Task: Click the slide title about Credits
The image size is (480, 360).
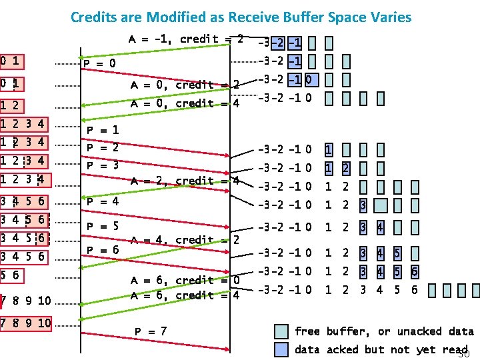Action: pyautogui.click(x=241, y=17)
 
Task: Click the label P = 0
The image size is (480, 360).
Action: pyautogui.click(x=99, y=64)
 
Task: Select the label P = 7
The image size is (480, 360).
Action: pyautogui.click(x=151, y=331)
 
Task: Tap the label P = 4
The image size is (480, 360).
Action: pyautogui.click(x=103, y=201)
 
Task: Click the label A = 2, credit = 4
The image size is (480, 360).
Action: pyautogui.click(x=185, y=181)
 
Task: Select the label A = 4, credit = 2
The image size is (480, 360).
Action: pyautogui.click(x=185, y=240)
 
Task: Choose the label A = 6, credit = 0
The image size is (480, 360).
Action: pyautogui.click(x=185, y=280)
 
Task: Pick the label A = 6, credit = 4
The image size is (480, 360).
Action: pyautogui.click(x=185, y=296)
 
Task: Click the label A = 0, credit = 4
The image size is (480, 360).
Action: pyautogui.click(x=185, y=103)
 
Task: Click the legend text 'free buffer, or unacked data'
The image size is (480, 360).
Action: pyautogui.click(x=384, y=331)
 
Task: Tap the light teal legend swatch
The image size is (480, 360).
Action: pyautogui.click(x=282, y=331)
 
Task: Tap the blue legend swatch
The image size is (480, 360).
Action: pyautogui.click(x=282, y=349)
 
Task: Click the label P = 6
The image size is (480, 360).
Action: pyautogui.click(x=103, y=249)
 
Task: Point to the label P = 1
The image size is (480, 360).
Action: pyautogui.click(x=103, y=131)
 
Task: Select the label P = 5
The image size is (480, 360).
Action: pyautogui.click(x=103, y=226)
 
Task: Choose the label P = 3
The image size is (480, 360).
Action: pyautogui.click(x=103, y=165)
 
